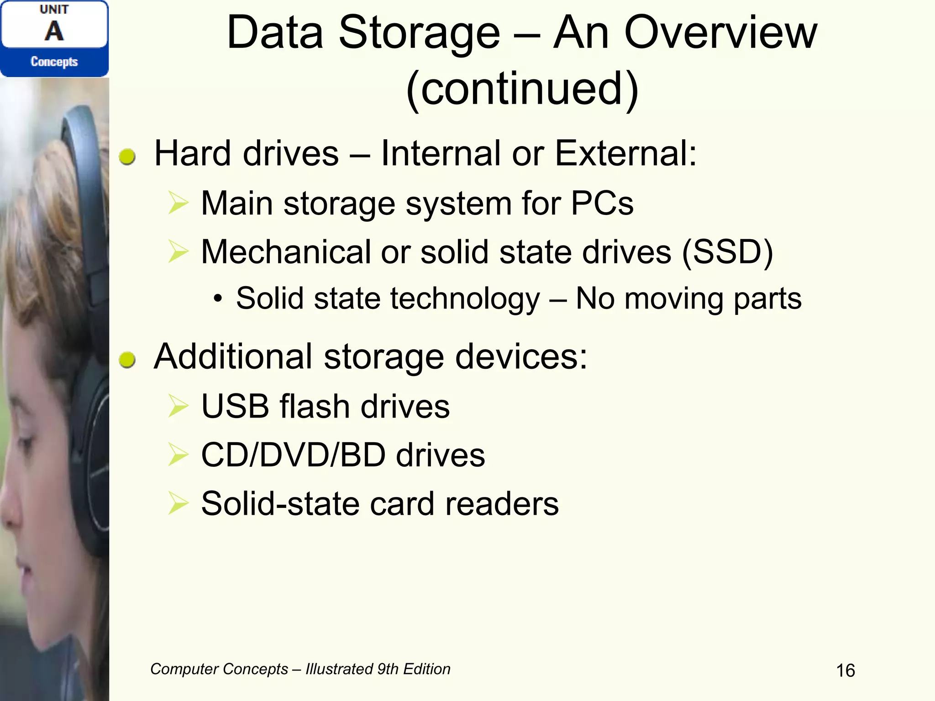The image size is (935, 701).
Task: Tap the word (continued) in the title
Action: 522,89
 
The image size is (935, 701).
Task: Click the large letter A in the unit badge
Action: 54,31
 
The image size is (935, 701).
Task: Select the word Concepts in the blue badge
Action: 54,62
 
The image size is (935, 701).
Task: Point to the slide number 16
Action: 845,670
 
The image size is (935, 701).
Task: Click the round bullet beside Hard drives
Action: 127,157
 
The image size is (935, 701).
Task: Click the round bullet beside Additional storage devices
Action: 127,360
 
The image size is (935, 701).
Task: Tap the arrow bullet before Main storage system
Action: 178,203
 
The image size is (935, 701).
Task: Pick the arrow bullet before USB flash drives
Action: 178,406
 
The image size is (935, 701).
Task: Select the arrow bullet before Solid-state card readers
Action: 178,503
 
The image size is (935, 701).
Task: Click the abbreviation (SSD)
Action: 727,252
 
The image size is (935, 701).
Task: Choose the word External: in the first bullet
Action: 625,153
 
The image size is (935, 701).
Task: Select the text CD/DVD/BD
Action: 293,455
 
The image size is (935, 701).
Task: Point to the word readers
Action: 502,504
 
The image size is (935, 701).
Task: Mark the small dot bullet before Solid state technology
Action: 218,299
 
